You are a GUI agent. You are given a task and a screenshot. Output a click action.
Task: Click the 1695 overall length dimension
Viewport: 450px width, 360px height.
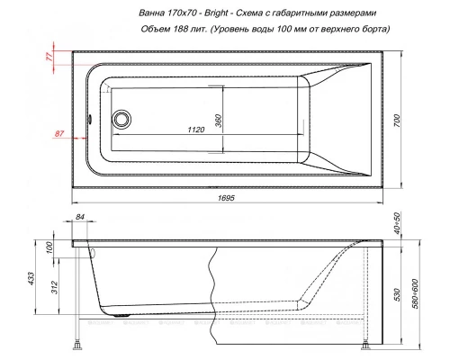237,197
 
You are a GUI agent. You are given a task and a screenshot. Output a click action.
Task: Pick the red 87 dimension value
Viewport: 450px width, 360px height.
58,133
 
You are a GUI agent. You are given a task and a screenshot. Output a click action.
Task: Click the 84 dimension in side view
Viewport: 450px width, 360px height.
81,217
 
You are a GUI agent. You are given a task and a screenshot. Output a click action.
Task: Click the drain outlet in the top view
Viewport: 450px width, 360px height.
120,119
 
